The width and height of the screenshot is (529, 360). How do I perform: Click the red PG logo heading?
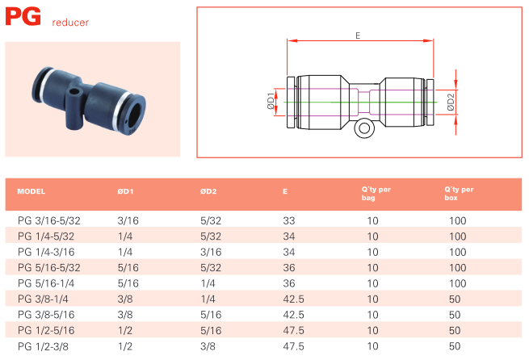(x=23, y=16)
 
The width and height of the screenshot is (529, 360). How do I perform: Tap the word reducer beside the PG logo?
(x=70, y=23)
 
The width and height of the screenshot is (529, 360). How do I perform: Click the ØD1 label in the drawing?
(x=271, y=101)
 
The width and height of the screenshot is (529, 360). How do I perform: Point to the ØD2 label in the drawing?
(x=451, y=103)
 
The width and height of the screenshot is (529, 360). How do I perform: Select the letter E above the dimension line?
(x=358, y=36)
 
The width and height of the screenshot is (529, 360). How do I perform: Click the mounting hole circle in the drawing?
(x=364, y=128)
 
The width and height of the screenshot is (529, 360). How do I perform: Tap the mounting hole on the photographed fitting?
(x=73, y=92)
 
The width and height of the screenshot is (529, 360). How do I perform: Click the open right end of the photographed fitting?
(x=136, y=114)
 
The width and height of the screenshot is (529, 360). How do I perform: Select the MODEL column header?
(x=31, y=191)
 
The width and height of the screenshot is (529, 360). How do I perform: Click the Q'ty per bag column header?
(x=376, y=194)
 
